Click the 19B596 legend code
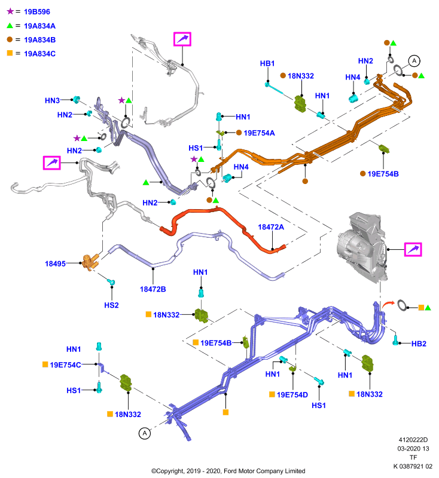(37, 11)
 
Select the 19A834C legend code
(39, 54)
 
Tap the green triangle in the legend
(10, 26)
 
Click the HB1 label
(267, 63)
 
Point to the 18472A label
(271, 227)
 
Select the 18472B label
(153, 289)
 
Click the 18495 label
(55, 263)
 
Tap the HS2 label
(111, 305)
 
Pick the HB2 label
(419, 344)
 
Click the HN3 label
(52, 100)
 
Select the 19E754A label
(260, 133)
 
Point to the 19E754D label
(292, 395)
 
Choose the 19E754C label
(65, 365)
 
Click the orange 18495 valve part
(90, 262)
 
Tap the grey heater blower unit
(362, 247)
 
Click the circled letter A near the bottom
(145, 433)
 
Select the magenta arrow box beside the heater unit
(413, 249)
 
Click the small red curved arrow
(388, 304)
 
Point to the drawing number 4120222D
(413, 440)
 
